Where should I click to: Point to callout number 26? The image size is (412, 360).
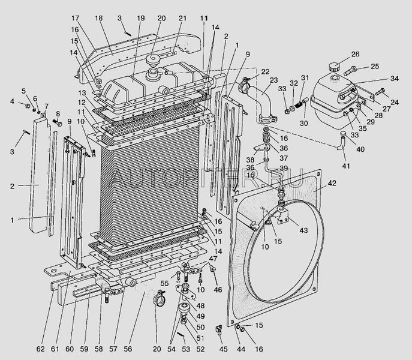[356, 54]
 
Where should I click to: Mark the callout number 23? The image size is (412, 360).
[274, 79]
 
